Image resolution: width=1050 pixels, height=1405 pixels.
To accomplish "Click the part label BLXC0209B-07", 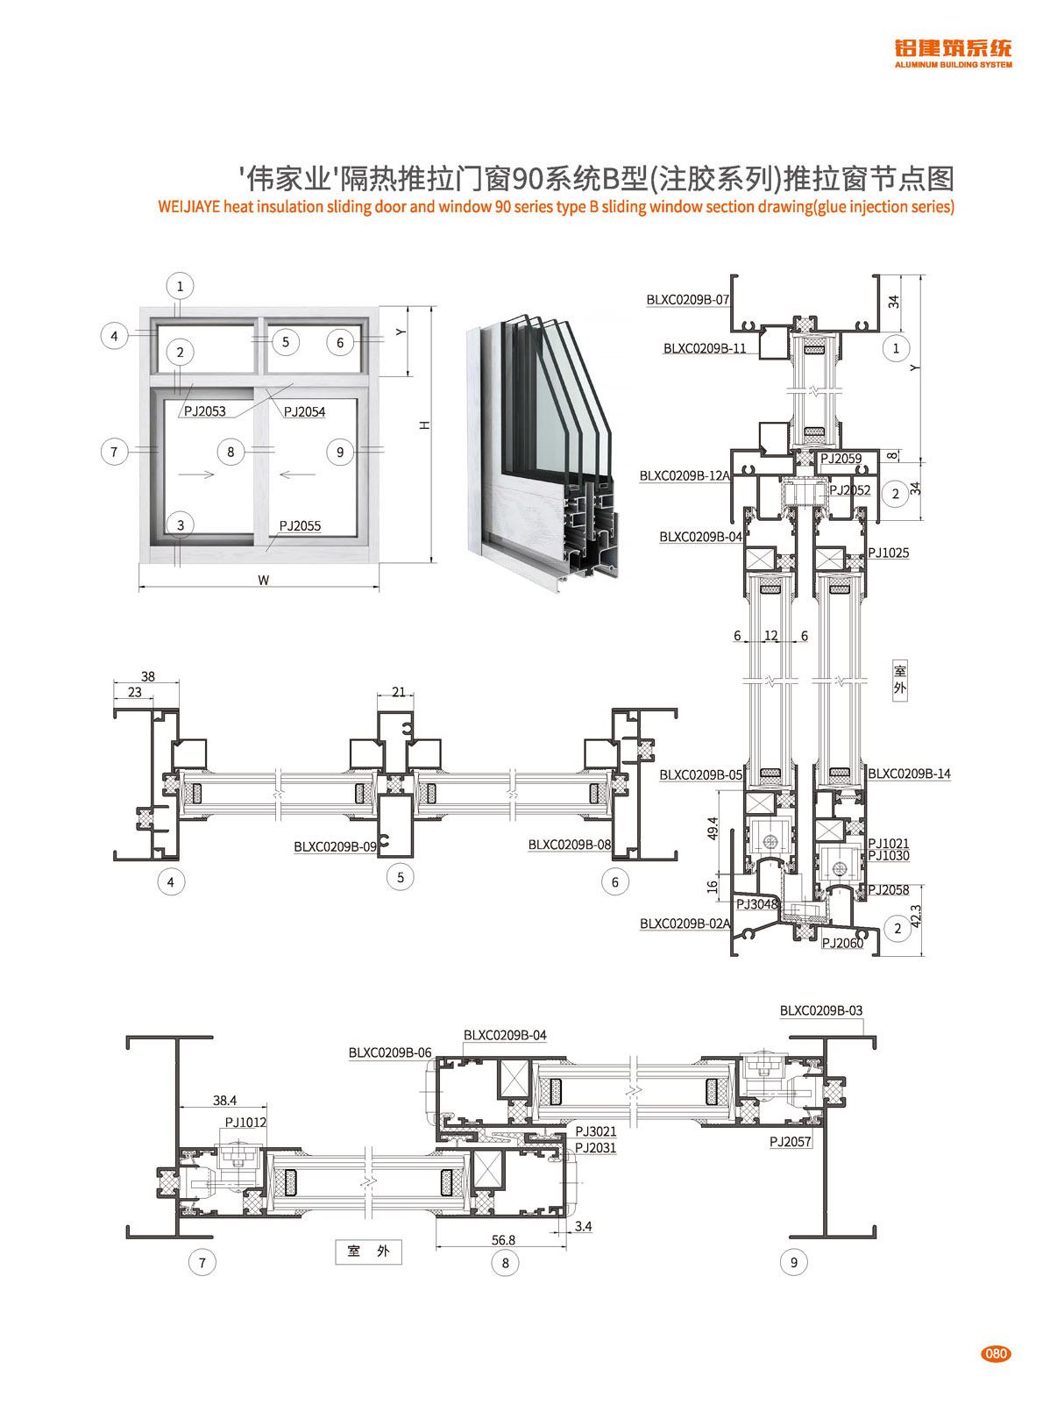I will [688, 300].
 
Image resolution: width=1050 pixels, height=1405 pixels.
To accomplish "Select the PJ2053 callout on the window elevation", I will [205, 411].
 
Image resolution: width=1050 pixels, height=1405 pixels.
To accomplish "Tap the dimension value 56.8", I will [503, 1240].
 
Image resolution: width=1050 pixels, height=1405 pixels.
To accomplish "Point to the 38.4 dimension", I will [224, 1101].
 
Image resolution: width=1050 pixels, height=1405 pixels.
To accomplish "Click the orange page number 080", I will [996, 1353].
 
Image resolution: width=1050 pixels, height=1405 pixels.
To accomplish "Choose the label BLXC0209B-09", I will [335, 847].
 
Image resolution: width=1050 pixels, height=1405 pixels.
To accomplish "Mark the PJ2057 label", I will [791, 1142].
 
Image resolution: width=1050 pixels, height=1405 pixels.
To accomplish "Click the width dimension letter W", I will [263, 581].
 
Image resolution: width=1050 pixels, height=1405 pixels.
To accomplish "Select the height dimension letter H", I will [425, 424].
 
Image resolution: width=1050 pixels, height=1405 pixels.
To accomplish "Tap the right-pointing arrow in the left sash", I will [196, 474].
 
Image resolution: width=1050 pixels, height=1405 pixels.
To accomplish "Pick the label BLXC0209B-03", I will [821, 1011].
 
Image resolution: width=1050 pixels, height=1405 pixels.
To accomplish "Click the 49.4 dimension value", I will [713, 829].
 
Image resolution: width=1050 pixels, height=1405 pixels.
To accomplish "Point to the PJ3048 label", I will [756, 904].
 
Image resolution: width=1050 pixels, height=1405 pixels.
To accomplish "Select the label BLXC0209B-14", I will [909, 774].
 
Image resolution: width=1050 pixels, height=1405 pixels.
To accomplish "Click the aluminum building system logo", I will [953, 53].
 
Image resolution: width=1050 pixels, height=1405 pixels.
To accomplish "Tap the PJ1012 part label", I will [245, 1123].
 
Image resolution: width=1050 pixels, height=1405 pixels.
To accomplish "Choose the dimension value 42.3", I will [916, 916].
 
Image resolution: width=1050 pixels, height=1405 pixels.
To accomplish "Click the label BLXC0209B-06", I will [390, 1052].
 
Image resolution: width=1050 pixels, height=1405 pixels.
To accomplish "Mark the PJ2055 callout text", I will [300, 526].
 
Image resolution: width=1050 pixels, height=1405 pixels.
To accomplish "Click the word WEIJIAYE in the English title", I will [188, 208].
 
